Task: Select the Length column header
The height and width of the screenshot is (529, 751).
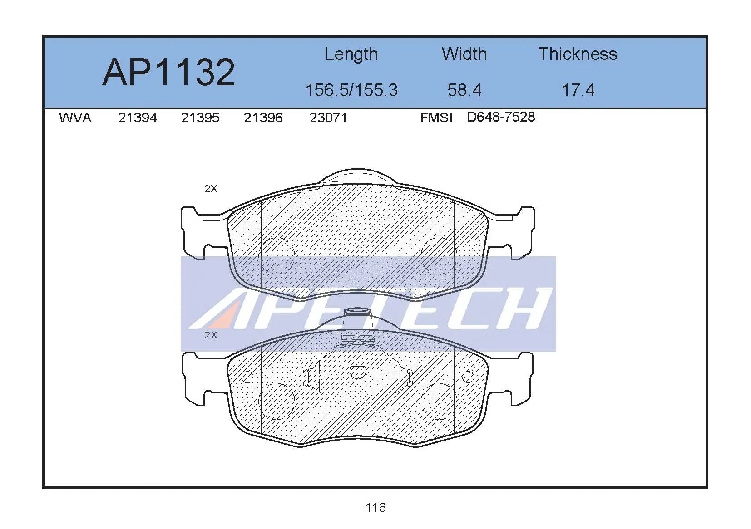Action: [351, 55]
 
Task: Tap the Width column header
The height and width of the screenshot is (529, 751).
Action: [464, 54]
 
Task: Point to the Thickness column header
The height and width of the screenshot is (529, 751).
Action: [578, 54]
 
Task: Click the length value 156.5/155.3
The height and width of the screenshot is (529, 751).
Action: [351, 90]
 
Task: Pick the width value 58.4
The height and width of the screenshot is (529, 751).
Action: [464, 90]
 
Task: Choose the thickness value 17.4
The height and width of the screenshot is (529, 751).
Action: [578, 90]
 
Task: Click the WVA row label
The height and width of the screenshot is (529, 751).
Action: [75, 118]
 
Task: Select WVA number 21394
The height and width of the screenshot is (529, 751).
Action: [138, 118]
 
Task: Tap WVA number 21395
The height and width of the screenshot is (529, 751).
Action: [200, 118]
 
